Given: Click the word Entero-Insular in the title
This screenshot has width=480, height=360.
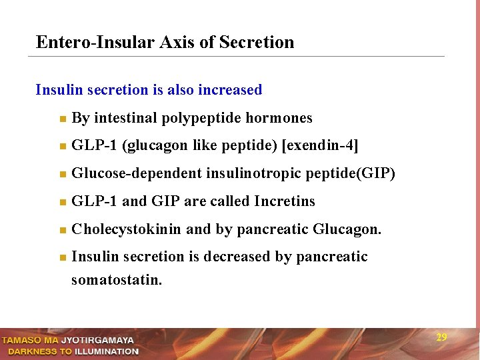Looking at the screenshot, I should click(95, 43).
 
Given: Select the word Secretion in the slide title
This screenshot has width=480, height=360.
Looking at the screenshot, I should click(257, 43).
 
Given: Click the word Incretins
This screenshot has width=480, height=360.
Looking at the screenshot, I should click(285, 201).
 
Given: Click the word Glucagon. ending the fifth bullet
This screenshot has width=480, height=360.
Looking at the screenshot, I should click(347, 230).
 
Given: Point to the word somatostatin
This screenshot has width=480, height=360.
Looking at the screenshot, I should click(117, 280).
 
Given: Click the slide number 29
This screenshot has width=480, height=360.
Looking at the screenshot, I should click(441, 337).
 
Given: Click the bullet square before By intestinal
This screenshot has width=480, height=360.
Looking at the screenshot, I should click(61, 119).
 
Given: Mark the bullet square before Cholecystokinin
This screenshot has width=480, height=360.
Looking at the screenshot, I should click(61, 231).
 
